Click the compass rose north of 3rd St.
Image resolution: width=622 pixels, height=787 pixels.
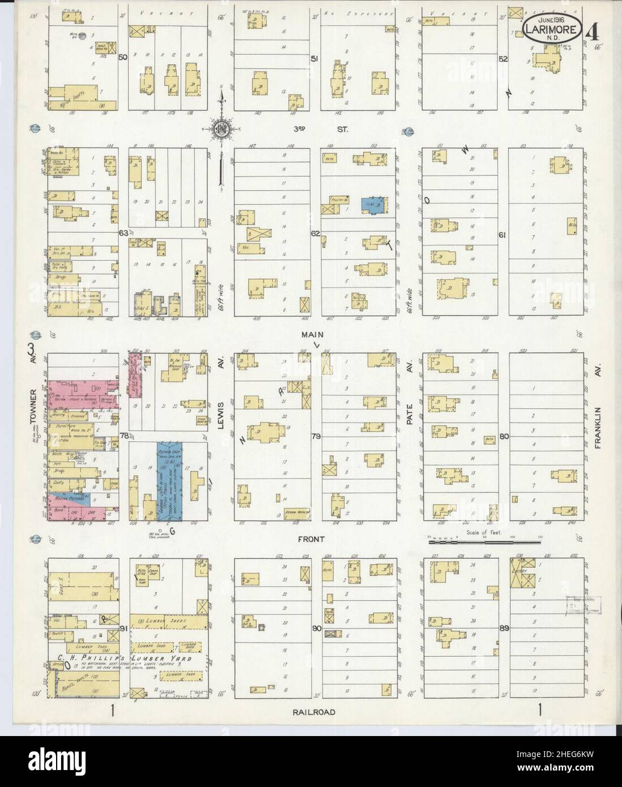(220, 129)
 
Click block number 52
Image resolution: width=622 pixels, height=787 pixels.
(502, 58)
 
